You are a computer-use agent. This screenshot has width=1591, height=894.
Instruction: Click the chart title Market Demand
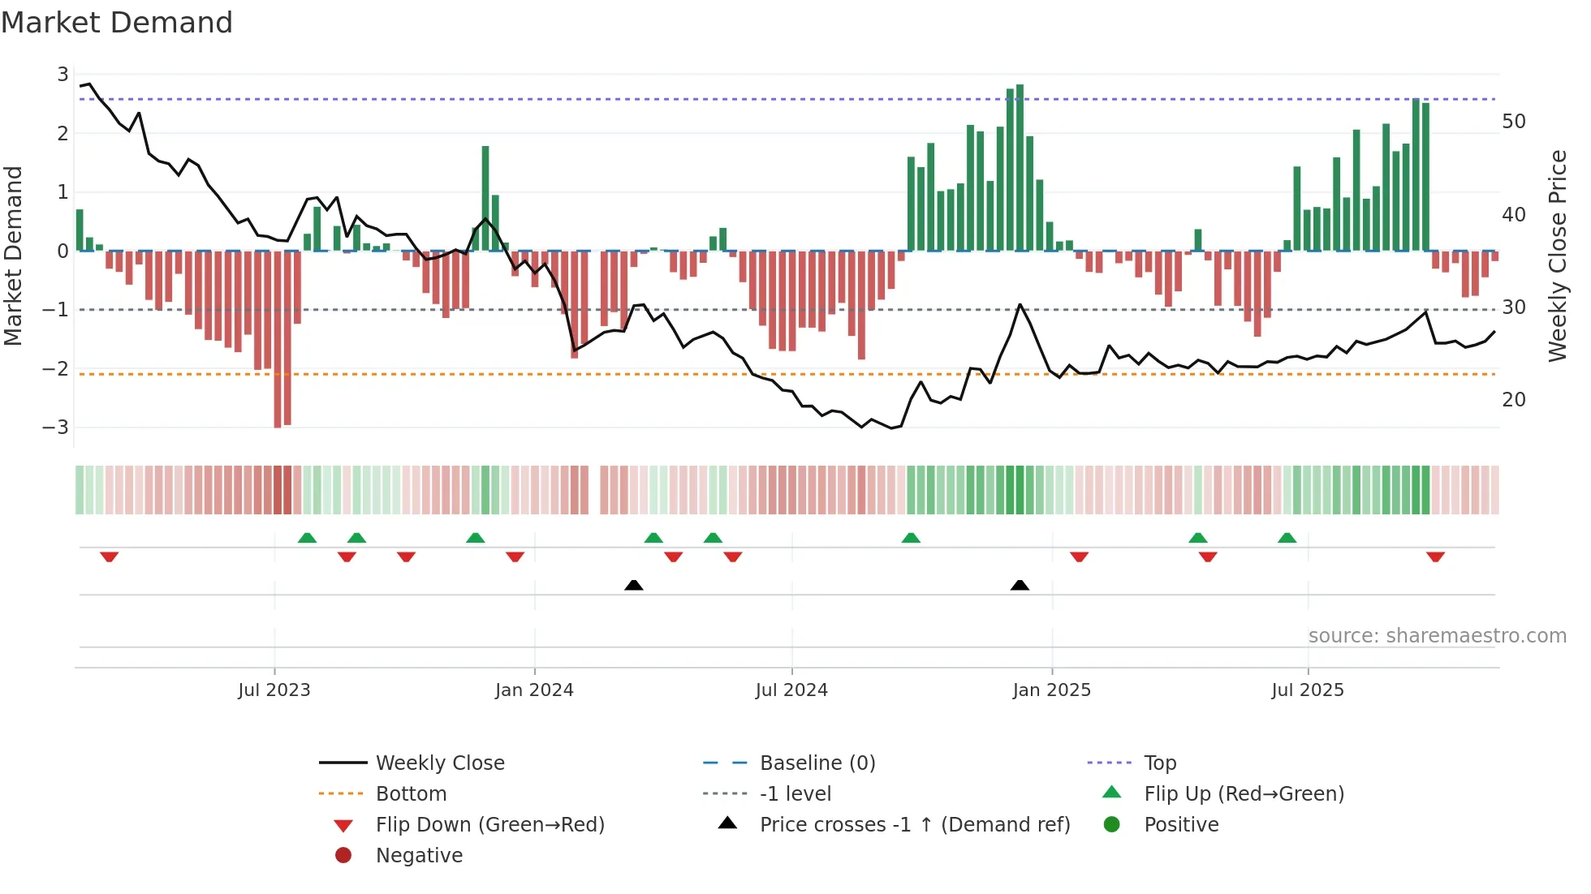click(x=117, y=23)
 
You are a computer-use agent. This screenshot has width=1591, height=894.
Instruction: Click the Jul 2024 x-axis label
click(x=791, y=690)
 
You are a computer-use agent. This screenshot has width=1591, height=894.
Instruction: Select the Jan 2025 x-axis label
click(x=1051, y=690)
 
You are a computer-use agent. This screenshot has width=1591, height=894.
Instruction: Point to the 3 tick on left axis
click(x=63, y=75)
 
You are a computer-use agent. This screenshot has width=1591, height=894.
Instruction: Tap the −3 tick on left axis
click(x=56, y=428)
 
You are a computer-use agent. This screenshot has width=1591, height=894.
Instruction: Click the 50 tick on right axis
click(x=1513, y=122)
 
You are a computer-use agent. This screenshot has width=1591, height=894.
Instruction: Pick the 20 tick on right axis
click(x=1513, y=400)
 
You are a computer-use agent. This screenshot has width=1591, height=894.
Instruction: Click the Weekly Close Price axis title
click(x=1557, y=256)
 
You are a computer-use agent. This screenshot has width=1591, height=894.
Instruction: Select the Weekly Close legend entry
click(x=439, y=763)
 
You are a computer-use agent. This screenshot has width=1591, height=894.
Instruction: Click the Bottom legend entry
click(x=411, y=794)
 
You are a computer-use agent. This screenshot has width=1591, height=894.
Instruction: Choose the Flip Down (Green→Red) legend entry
click(x=489, y=825)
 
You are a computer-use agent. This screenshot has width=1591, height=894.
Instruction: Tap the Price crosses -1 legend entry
click(x=914, y=825)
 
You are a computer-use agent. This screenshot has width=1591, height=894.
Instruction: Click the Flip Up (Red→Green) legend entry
click(x=1244, y=794)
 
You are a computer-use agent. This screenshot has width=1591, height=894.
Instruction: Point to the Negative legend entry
click(x=419, y=856)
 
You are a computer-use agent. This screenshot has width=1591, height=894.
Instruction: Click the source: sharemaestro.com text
click(x=1437, y=636)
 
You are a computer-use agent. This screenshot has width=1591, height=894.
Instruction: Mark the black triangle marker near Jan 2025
click(x=1020, y=586)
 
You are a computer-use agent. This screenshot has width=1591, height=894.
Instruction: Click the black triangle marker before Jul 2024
click(x=634, y=586)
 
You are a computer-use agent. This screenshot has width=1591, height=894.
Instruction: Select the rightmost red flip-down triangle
click(x=1435, y=557)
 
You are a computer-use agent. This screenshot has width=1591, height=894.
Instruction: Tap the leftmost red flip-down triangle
click(x=110, y=557)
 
